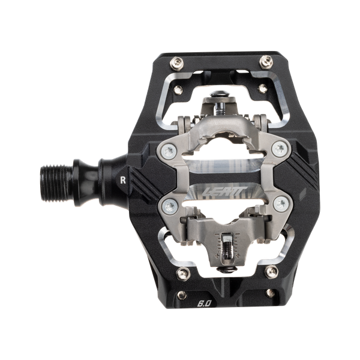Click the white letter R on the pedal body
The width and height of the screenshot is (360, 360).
[123, 178]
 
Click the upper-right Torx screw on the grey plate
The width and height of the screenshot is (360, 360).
[273, 151]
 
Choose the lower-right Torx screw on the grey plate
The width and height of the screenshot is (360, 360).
[277, 205]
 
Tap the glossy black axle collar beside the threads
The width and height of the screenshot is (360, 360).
[96, 178]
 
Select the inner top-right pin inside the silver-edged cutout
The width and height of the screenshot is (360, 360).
[262, 91]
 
